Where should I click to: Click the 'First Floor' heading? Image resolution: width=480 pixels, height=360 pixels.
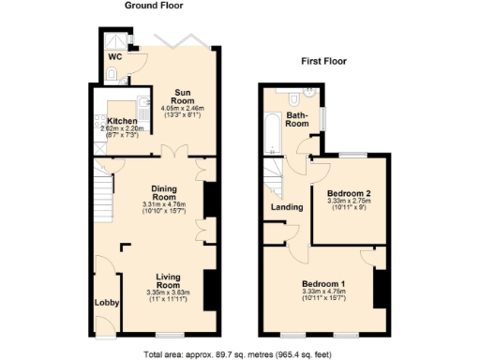coord(324,61)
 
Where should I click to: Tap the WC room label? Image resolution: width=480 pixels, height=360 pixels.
coord(114,57)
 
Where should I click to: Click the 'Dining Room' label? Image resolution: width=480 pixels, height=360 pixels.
coord(164,191)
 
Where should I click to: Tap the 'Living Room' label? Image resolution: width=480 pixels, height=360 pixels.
coord(168,279)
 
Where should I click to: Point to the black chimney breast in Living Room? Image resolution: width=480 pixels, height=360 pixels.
coord(209,285)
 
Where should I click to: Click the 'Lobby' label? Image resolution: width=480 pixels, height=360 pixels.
coord(104,303)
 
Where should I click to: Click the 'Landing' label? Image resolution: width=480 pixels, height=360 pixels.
coord(286,206)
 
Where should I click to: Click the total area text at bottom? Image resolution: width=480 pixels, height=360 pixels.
coord(239,353)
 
